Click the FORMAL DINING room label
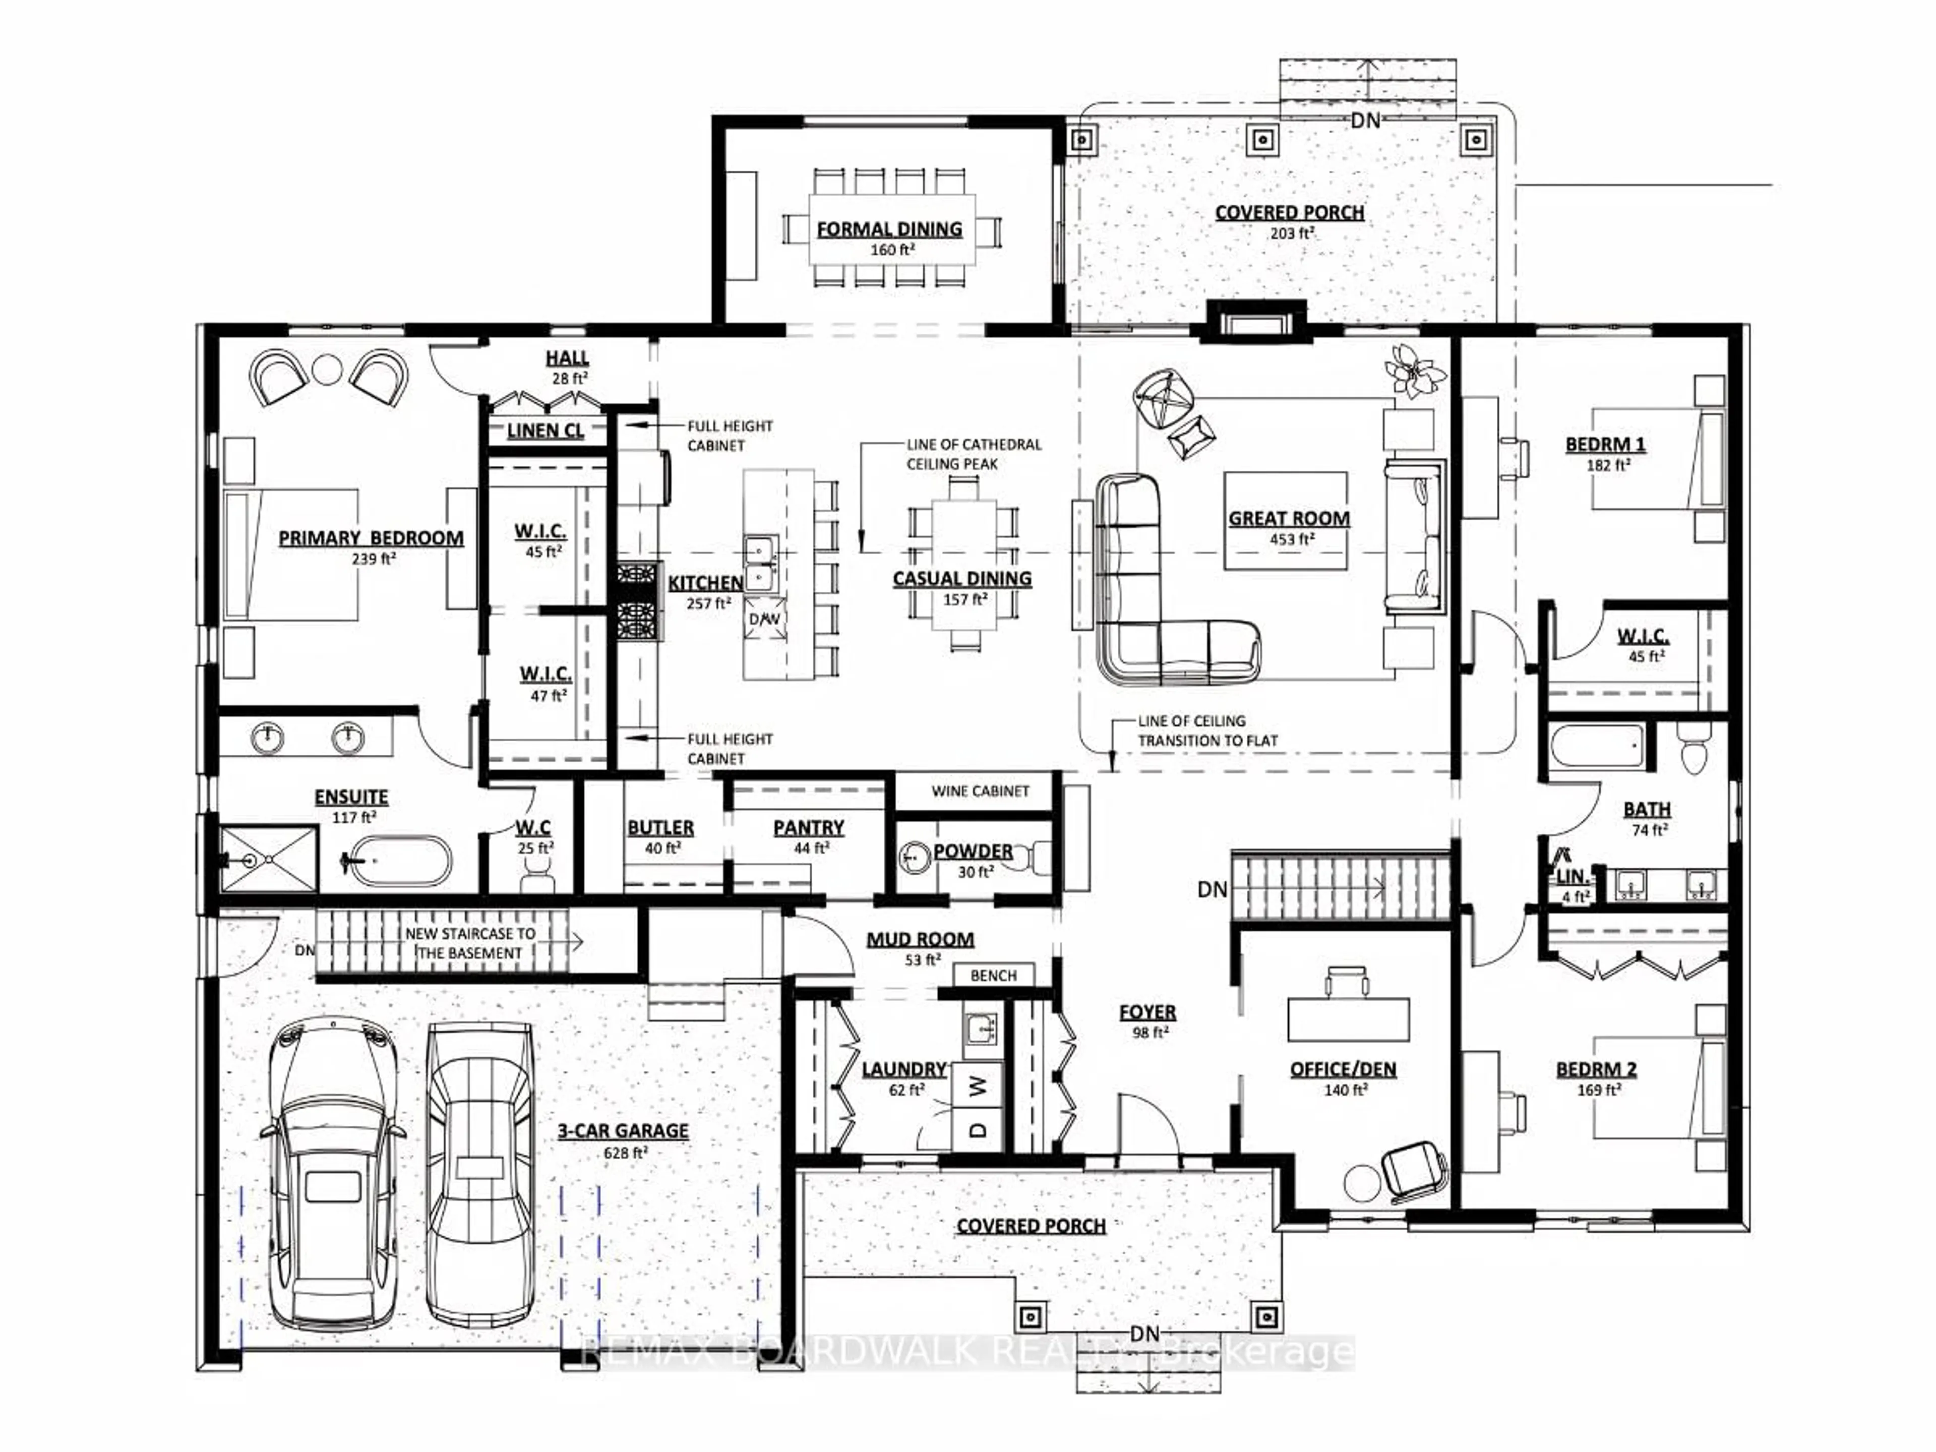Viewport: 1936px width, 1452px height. (x=889, y=229)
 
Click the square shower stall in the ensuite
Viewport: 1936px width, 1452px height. (x=268, y=860)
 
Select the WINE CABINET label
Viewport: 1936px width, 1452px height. (x=980, y=791)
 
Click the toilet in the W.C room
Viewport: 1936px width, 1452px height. (x=536, y=870)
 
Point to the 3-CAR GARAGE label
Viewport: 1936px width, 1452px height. (x=623, y=1131)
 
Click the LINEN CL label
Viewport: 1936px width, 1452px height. (x=546, y=431)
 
